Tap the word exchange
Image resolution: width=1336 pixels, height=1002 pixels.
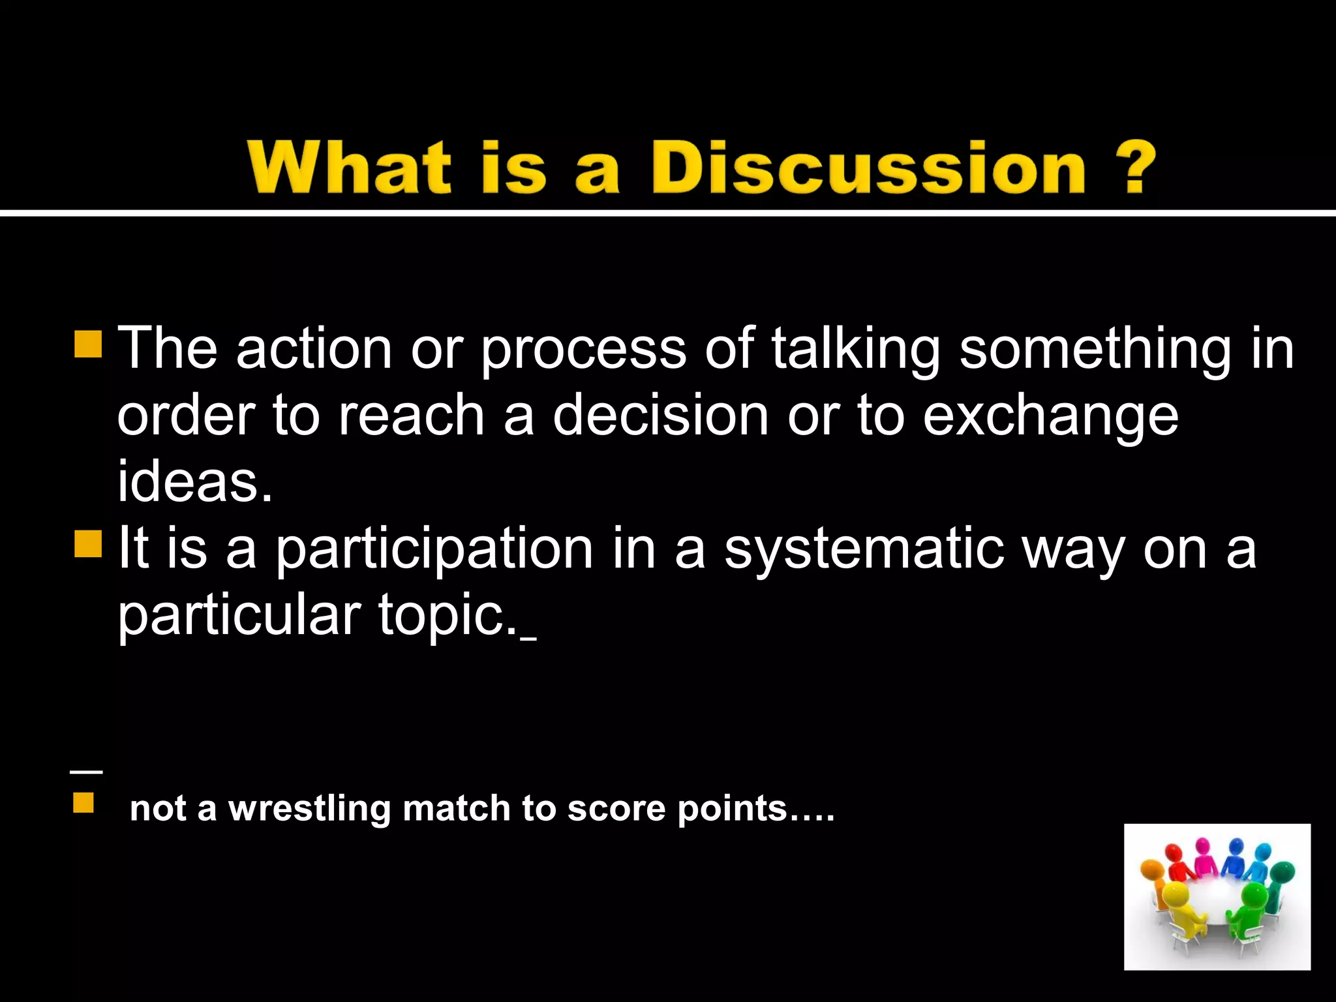pos(1050,417)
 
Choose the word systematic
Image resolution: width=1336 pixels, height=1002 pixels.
pos(864,550)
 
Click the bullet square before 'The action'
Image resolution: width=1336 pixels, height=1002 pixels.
pos(88,344)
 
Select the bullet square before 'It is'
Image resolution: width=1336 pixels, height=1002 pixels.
pos(88,543)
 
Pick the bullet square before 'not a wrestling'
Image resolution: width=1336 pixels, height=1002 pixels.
pos(83,802)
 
